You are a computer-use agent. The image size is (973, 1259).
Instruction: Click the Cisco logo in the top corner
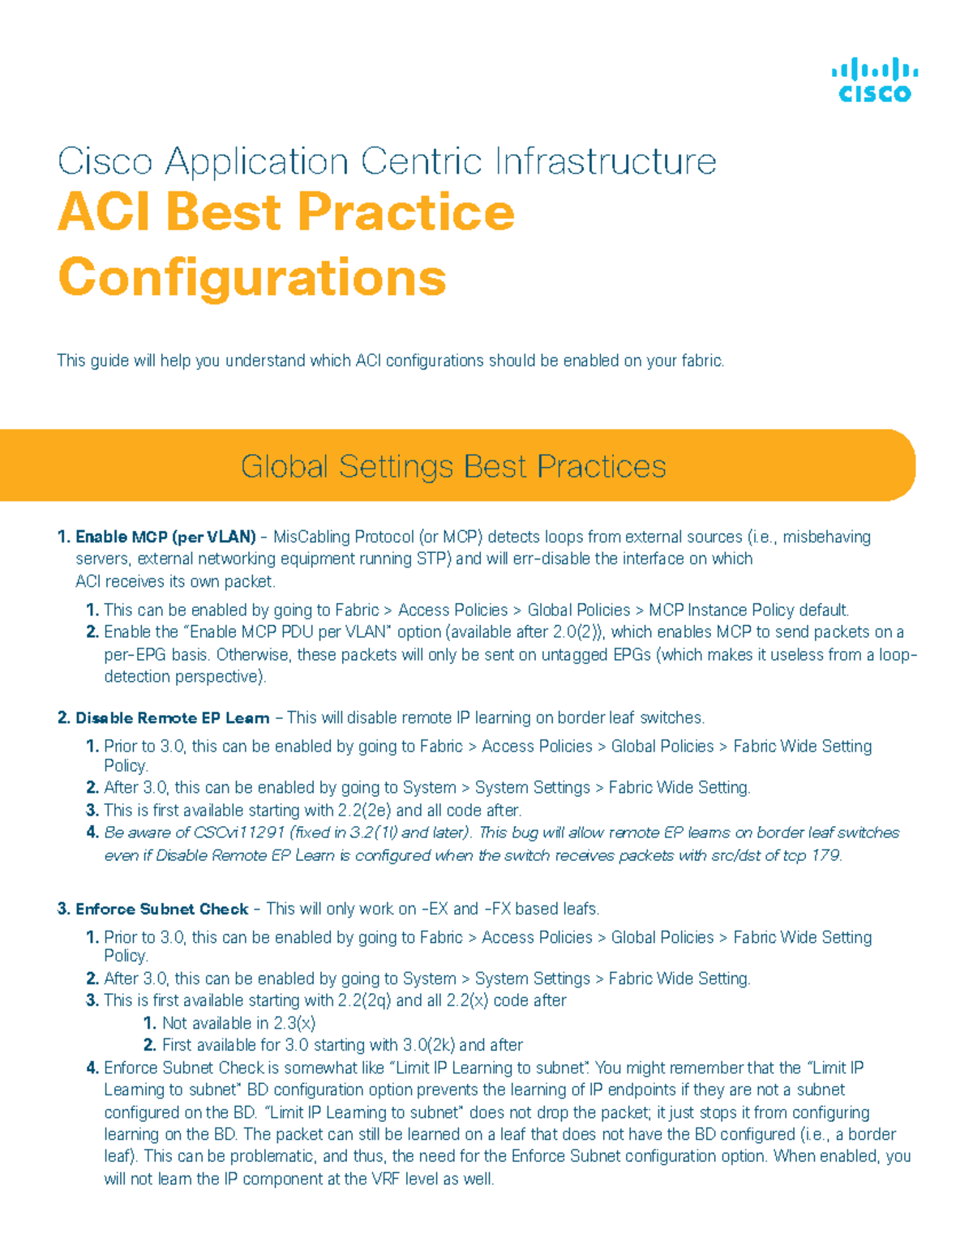[x=874, y=80]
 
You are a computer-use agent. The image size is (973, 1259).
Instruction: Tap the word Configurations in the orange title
[x=252, y=277]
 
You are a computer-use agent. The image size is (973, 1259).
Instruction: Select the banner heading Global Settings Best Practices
[x=453, y=466]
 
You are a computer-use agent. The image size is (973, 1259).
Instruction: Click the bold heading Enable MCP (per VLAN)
[x=165, y=537]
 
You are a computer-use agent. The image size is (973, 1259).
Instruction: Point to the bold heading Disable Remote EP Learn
[x=172, y=718]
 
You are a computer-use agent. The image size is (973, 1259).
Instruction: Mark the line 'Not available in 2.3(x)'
[x=238, y=1023]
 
